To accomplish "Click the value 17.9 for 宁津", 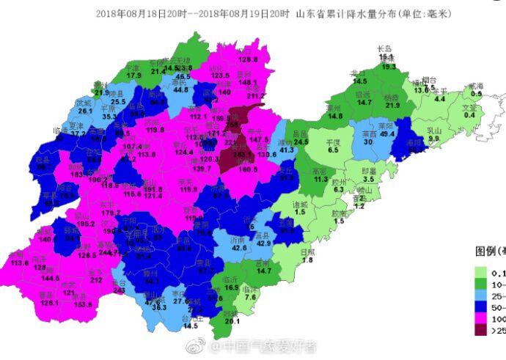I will point(133,76).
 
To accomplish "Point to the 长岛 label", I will point(386,48).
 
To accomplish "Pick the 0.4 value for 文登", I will point(469,114).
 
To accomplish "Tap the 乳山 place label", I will point(433,129).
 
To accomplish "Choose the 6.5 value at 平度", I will point(333,150).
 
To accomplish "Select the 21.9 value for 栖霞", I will point(393,106).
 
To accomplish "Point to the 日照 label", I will point(308,251).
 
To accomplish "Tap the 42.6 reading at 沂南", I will point(239,248).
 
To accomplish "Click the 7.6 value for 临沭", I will point(250,297).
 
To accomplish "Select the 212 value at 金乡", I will point(96,279).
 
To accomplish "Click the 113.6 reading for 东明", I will point(20,262).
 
